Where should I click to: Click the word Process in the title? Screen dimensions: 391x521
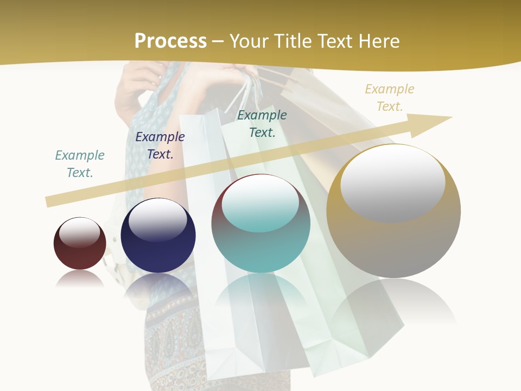170,41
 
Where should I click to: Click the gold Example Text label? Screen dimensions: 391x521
389,97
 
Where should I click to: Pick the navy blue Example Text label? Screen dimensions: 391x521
160,145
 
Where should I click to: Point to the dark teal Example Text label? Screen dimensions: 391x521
262,123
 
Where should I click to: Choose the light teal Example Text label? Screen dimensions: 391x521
79,163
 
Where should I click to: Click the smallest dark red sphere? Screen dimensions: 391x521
80,255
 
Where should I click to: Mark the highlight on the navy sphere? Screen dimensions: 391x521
157,219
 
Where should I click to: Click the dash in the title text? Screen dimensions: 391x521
218,41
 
